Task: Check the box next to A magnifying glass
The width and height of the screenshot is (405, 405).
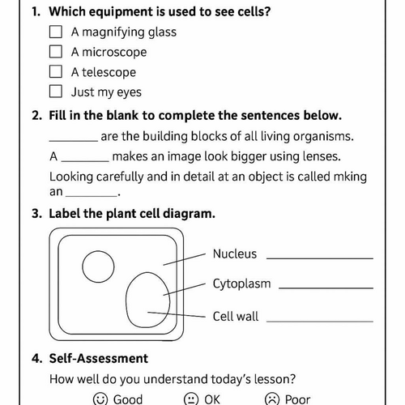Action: tap(56, 32)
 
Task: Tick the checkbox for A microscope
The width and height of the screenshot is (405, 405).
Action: tap(56, 52)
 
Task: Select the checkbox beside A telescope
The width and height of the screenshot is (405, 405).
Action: tap(56, 72)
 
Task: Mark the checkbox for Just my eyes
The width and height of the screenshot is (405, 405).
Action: tap(56, 92)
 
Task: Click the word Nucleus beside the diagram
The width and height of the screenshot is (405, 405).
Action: tap(234, 254)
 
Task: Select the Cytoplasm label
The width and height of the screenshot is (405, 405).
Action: tap(241, 284)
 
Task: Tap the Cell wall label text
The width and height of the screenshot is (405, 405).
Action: tap(236, 316)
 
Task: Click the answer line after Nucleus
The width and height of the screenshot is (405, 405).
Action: tap(320, 258)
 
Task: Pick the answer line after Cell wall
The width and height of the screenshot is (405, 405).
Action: tap(320, 320)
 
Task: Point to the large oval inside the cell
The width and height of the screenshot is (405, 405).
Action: tap(147, 300)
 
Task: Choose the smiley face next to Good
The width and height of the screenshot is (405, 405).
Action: tap(100, 399)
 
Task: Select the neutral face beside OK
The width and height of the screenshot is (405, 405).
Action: tap(191, 399)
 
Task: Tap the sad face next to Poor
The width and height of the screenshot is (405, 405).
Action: tap(272, 399)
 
